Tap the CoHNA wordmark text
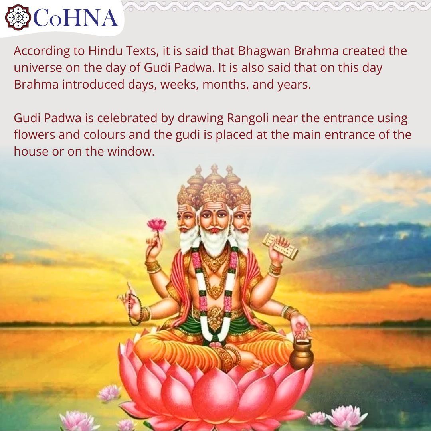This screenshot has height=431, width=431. [76, 18]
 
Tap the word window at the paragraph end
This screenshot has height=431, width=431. [134, 152]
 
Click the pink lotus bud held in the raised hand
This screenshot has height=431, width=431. [156, 225]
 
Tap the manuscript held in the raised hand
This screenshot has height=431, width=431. [280, 246]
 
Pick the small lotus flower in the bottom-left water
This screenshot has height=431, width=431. [109, 393]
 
